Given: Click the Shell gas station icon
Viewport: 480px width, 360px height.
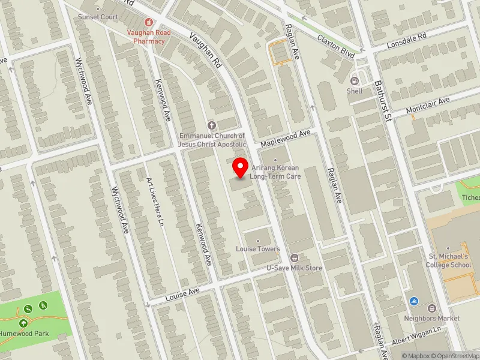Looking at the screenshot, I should [355, 80].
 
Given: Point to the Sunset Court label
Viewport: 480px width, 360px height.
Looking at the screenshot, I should [98, 17].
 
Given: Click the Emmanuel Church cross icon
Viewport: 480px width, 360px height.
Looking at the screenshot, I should [211, 125].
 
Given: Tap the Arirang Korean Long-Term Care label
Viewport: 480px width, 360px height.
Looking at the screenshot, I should [275, 172].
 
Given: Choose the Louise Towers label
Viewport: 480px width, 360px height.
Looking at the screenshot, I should [258, 248].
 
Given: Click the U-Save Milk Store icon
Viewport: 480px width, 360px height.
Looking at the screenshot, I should [295, 257].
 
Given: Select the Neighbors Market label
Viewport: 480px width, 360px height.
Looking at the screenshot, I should [431, 318].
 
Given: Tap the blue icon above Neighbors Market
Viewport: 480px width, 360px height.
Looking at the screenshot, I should [415, 301].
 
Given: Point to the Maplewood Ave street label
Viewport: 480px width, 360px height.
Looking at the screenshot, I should [285, 139].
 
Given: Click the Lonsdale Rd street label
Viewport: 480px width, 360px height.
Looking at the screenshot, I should [406, 37].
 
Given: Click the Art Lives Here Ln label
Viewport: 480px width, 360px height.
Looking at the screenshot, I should [155, 201].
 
